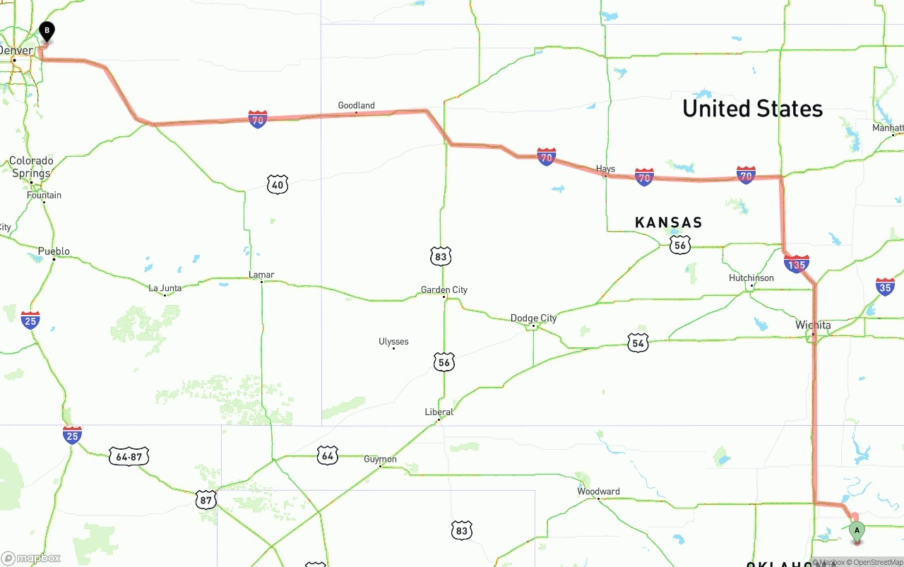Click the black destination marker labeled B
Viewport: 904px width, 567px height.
pyautogui.click(x=47, y=32)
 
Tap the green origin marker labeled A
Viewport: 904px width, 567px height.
pyautogui.click(x=857, y=531)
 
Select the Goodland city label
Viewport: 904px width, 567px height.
pyautogui.click(x=356, y=106)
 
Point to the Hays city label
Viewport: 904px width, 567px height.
pyautogui.click(x=605, y=169)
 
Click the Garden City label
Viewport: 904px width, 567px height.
pyautogui.click(x=444, y=290)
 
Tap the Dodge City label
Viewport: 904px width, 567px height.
pyautogui.click(x=533, y=318)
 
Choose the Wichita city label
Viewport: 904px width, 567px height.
pyautogui.click(x=813, y=326)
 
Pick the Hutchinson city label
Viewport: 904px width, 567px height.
pyautogui.click(x=751, y=278)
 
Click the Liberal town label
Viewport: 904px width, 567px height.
pyautogui.click(x=439, y=412)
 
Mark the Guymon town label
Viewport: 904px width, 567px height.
pyautogui.click(x=380, y=460)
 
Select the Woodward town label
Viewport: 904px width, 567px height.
pyautogui.click(x=598, y=491)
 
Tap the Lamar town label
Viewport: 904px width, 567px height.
pyautogui.click(x=261, y=275)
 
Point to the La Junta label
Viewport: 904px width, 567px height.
pyautogui.click(x=165, y=288)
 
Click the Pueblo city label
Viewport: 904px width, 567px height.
pyautogui.click(x=54, y=251)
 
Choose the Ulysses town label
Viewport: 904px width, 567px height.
pyautogui.click(x=393, y=342)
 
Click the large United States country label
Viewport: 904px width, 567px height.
pyautogui.click(x=752, y=109)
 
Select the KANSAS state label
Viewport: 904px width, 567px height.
pyautogui.click(x=668, y=223)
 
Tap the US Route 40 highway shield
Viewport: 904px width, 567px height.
pyautogui.click(x=278, y=186)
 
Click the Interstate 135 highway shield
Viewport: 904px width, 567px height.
pyautogui.click(x=796, y=265)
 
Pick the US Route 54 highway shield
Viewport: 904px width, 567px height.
pyautogui.click(x=638, y=343)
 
